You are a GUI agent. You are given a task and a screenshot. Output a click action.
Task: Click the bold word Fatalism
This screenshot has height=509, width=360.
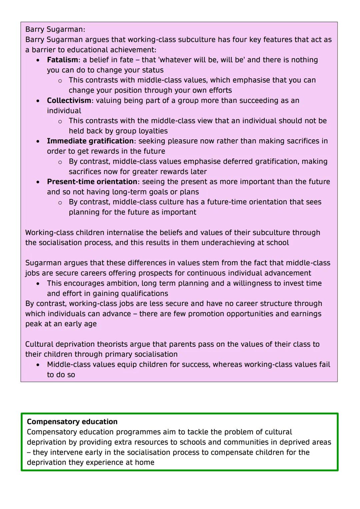tap(62, 60)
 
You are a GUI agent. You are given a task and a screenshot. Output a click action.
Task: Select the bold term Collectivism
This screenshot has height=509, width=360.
tap(69, 101)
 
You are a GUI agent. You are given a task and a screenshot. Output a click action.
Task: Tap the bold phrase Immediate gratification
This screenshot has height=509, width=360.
tap(90, 141)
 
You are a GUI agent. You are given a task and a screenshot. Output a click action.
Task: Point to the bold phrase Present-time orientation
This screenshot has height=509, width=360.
tap(92, 182)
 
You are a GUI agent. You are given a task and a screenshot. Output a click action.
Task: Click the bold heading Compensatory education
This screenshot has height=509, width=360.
tap(72, 422)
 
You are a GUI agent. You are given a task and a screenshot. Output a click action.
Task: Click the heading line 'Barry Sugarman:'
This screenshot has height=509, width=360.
tap(55, 29)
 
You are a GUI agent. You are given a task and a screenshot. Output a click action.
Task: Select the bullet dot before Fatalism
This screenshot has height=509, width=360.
tap(38, 60)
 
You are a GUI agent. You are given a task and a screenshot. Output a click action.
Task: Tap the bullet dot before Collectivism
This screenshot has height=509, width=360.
tap(38, 101)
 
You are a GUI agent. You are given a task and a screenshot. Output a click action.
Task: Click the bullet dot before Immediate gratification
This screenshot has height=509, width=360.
tap(38, 142)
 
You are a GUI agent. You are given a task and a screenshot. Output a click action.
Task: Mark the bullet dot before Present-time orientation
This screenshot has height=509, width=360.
tap(38, 182)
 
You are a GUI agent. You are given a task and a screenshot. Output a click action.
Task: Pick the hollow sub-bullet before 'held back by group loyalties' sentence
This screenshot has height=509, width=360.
tap(60, 121)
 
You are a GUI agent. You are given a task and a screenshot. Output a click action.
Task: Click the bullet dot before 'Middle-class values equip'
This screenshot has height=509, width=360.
tap(38, 365)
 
